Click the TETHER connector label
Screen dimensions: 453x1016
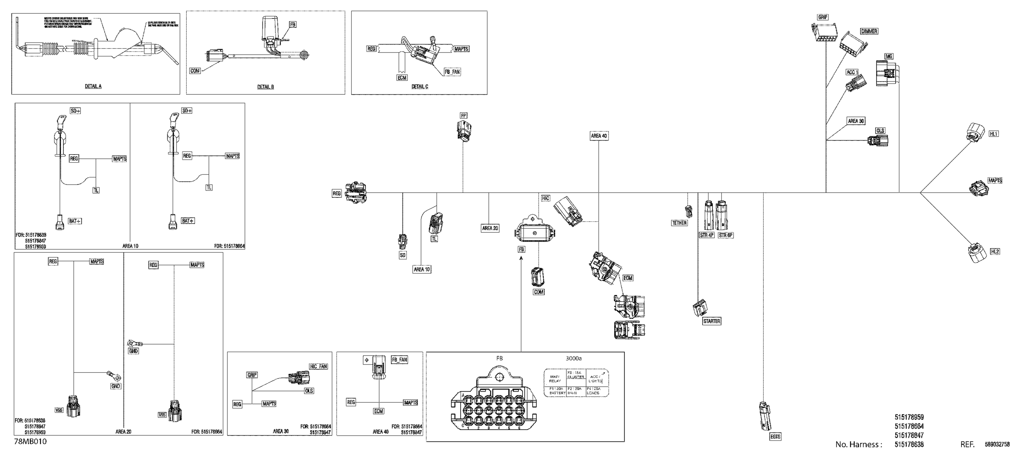point(679,223)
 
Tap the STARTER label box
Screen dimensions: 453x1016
point(712,321)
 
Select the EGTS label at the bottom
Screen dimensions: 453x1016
point(775,437)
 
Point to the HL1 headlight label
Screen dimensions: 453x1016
point(994,134)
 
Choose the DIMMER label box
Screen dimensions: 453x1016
point(869,31)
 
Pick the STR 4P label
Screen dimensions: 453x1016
point(706,235)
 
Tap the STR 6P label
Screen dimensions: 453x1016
point(725,235)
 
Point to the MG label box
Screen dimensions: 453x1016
point(889,56)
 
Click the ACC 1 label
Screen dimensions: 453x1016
point(852,72)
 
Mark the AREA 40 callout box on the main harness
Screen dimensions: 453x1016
point(599,136)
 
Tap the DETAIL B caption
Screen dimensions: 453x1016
point(266,87)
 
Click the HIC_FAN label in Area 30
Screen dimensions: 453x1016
point(318,367)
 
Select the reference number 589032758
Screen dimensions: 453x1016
point(998,445)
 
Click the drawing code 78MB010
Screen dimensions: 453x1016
point(30,442)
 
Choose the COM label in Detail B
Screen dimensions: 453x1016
point(195,71)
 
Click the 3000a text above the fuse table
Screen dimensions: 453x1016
point(573,358)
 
